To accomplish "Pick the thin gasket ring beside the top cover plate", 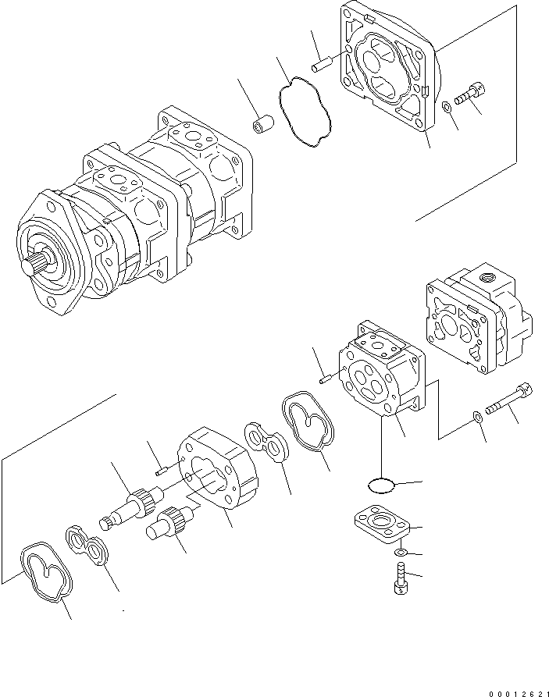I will coord(305,110).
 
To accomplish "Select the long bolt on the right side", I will coord(508,400).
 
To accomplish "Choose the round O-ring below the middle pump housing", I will coord(380,485).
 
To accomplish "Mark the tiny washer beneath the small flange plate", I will coord(399,553).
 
